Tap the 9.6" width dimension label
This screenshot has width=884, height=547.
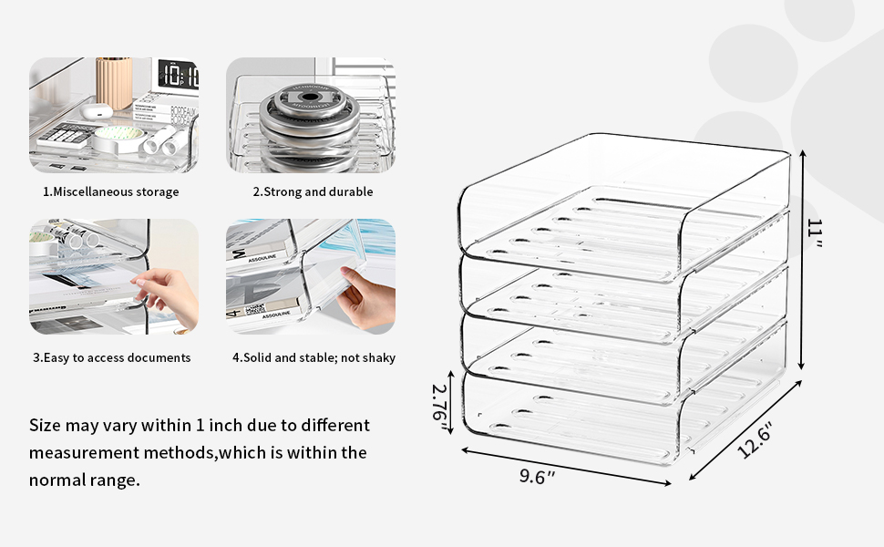(x=538, y=476)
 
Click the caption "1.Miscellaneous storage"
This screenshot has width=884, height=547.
(x=111, y=191)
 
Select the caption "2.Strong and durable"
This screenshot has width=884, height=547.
(x=313, y=191)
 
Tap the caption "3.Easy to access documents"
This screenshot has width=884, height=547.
(x=111, y=357)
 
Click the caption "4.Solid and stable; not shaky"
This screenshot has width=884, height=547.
(x=314, y=357)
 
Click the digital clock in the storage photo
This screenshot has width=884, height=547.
(x=177, y=75)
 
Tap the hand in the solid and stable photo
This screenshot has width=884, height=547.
(x=366, y=296)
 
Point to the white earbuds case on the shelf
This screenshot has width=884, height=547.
(x=94, y=111)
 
